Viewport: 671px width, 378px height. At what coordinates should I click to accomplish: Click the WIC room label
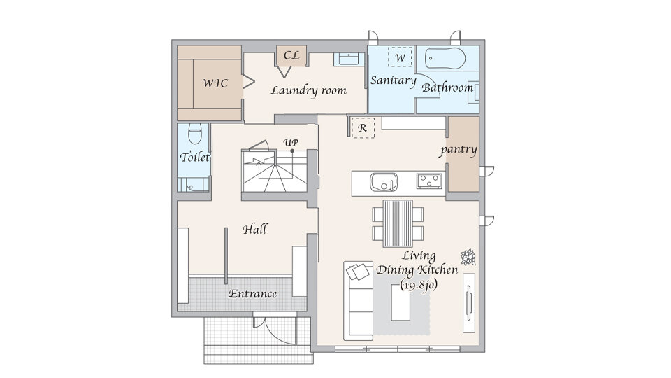point(215,83)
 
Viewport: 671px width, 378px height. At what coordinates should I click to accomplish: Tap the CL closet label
point(291,55)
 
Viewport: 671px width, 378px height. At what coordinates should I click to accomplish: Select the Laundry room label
point(308,90)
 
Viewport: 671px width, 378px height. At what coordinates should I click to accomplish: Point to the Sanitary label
point(393,80)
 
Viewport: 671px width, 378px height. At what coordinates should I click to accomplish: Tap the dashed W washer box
point(400,57)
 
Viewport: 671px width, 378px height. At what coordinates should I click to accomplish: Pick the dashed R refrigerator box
point(363,127)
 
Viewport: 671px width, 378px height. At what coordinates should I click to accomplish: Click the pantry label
point(459,150)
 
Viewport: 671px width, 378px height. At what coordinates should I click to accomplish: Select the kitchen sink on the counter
point(384,183)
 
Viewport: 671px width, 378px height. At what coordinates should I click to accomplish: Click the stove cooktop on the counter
point(429,181)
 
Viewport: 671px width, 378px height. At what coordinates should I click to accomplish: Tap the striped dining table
point(398,224)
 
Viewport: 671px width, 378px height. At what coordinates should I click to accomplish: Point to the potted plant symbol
point(468,257)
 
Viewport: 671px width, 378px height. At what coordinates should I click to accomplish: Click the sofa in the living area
point(358,300)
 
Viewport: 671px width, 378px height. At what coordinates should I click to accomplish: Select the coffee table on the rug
point(401,302)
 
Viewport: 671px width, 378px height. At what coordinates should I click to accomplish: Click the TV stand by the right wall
point(469,302)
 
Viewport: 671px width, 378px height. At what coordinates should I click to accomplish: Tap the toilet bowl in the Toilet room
point(195,134)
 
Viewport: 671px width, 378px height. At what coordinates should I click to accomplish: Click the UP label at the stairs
point(291,143)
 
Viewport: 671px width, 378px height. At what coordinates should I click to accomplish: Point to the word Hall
point(255,230)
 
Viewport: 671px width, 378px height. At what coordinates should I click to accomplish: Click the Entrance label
point(252,294)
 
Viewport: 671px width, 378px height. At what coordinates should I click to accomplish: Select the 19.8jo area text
point(419,286)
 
